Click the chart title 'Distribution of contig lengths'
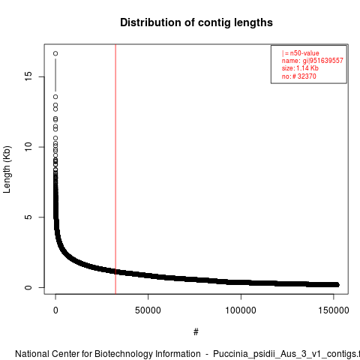[x=196, y=22]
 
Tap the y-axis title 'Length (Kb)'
[x=7, y=169]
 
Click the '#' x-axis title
[x=196, y=332]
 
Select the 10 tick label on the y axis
[x=28, y=147]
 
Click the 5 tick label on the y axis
[x=28, y=217]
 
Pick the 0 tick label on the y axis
[x=28, y=287]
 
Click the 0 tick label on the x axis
[x=55, y=310]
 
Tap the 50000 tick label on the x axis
[x=148, y=310]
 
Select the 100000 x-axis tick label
[x=241, y=310]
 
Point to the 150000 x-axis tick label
[x=334, y=310]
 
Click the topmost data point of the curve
[x=55, y=53]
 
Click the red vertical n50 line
[x=115, y=169]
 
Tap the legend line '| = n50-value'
[x=301, y=53]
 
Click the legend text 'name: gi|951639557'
[x=313, y=61]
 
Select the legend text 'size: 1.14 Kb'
[x=300, y=68]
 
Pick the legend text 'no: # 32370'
[x=299, y=76]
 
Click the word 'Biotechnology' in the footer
[x=147, y=354]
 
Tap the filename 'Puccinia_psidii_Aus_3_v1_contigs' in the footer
[x=285, y=355]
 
